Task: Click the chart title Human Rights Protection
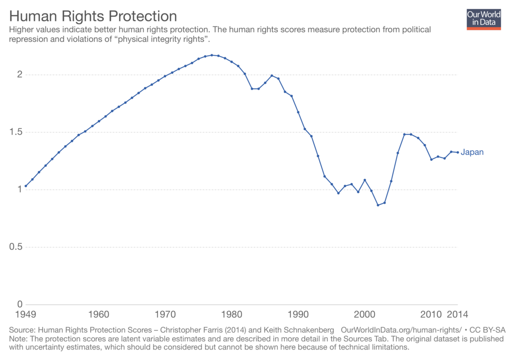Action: click(93, 16)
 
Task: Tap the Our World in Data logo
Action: click(483, 19)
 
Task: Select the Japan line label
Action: click(472, 152)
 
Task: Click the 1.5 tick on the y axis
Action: click(16, 132)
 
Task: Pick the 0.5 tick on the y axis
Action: click(16, 247)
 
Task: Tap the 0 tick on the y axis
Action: click(20, 304)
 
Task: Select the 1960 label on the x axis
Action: click(99, 315)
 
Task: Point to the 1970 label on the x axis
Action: click(165, 315)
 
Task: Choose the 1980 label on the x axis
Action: click(232, 315)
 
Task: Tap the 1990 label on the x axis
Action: click(298, 315)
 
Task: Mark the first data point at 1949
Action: click(25, 186)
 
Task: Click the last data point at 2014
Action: click(458, 152)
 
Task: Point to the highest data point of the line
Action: click(212, 55)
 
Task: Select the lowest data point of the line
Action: click(378, 205)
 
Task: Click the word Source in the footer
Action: click(21, 330)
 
